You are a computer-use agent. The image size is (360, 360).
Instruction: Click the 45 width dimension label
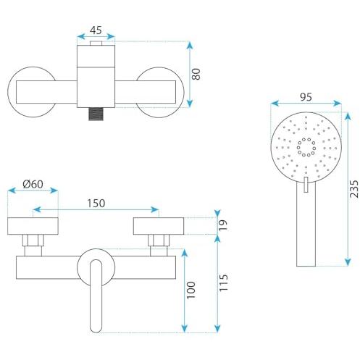96,30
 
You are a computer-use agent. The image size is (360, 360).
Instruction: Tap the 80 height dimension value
196,75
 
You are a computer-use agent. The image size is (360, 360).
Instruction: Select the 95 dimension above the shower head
306,97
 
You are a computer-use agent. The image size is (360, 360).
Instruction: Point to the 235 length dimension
354,189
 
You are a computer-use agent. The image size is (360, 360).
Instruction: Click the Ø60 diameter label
33,184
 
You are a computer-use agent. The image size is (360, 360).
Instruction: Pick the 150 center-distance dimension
96,204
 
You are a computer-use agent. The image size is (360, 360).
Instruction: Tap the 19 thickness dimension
223,225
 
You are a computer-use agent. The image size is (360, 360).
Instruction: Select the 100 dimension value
191,290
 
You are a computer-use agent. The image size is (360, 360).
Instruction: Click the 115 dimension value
223,282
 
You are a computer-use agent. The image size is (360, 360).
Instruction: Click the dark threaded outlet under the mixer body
96,114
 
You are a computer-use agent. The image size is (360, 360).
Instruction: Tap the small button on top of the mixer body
96,43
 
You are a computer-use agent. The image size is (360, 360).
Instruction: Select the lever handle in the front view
96,296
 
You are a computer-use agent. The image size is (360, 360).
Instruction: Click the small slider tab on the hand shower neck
306,185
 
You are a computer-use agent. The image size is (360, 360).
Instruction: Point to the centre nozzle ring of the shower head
306,146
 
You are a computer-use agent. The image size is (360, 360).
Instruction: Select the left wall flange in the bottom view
33,226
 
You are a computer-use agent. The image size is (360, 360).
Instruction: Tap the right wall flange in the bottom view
159,226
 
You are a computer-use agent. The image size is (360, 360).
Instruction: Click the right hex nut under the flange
159,240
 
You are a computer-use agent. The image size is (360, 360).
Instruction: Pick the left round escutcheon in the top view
33,92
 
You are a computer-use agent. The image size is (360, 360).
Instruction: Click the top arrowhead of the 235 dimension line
348,115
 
